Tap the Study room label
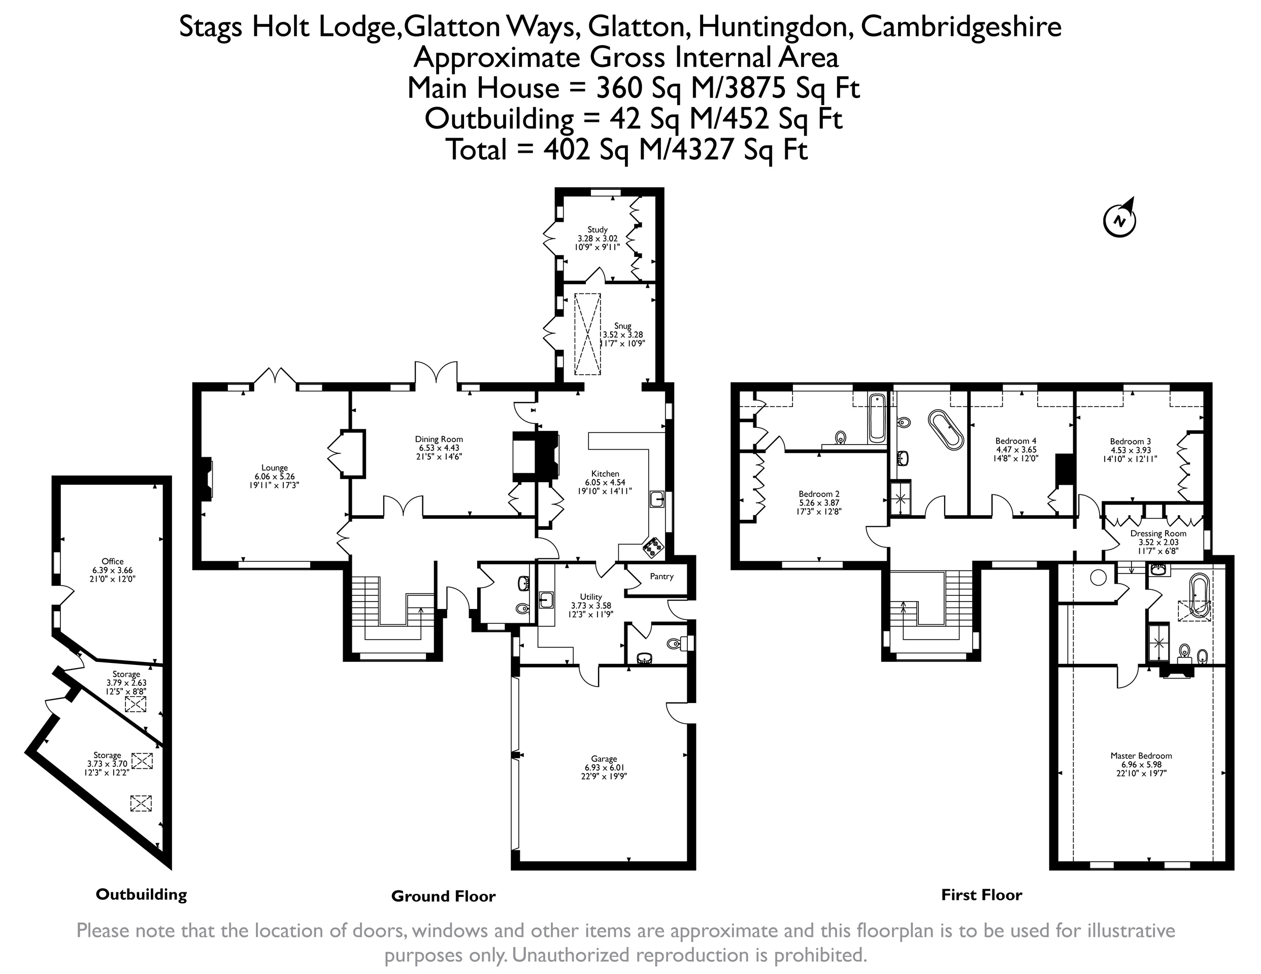tap(598, 229)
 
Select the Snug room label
tap(622, 326)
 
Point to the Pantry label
tap(661, 576)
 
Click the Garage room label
tap(604, 759)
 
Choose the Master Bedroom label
tap(1141, 755)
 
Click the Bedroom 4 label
tap(1016, 441)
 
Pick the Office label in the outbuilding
tap(113, 561)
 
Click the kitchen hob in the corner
tap(653, 547)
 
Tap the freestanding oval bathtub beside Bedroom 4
tap(945, 429)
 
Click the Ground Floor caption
tap(443, 896)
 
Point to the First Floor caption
tap(982, 895)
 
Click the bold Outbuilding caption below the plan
tap(142, 894)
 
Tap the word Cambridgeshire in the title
tap(961, 27)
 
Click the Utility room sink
tap(546, 600)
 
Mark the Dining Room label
tap(439, 439)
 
